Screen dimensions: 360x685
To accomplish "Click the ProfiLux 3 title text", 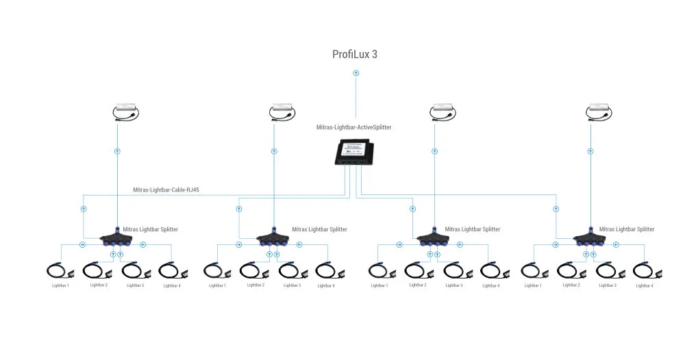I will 355,55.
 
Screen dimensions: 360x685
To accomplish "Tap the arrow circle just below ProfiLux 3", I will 356,73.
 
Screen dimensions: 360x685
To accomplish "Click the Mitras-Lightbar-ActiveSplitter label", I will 353,127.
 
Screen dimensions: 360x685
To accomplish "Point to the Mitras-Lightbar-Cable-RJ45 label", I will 166,190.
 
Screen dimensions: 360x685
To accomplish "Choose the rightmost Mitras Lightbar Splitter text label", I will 626,229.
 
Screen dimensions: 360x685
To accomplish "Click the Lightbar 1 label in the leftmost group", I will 60,285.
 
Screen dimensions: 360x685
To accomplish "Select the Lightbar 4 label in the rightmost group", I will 645,285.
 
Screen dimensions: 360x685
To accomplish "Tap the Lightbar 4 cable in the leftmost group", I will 171,271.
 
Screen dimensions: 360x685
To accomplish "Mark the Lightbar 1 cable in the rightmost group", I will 533,271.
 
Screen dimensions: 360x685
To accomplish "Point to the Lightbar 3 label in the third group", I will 454,285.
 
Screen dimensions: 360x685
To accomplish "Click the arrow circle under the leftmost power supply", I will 117,151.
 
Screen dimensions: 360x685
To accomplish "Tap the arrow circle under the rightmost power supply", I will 590,151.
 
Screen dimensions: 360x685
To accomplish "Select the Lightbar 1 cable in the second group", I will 217,271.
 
